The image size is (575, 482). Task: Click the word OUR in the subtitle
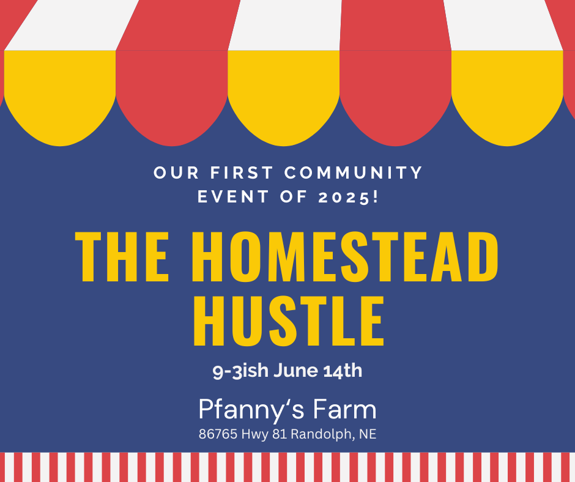click(x=176, y=172)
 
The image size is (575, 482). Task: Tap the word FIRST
click(x=242, y=172)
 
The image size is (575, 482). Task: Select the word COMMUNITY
click(x=354, y=172)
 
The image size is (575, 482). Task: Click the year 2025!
click(x=348, y=197)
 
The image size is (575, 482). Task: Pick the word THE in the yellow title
click(x=122, y=257)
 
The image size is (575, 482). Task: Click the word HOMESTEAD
click(x=345, y=257)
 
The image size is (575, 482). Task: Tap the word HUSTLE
click(x=289, y=321)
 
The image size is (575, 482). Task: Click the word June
click(x=296, y=370)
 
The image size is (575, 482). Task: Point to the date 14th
click(x=343, y=370)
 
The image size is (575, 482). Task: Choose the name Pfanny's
click(x=251, y=410)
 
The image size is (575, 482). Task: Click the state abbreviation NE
click(x=368, y=434)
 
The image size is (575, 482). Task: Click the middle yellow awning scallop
click(x=284, y=98)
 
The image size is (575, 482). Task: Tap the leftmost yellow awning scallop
click(x=60, y=98)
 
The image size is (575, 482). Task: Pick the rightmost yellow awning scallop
click(x=507, y=98)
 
